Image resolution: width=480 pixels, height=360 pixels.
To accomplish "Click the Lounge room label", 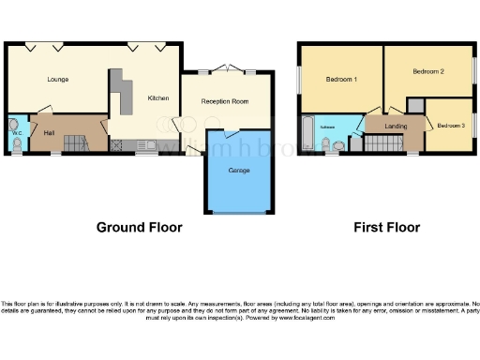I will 58,80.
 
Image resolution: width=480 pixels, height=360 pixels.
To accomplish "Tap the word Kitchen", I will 157,97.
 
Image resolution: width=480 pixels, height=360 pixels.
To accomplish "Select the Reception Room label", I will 226,100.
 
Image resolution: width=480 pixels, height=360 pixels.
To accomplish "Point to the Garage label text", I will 239,170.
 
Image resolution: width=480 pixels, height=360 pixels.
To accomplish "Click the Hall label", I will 50,133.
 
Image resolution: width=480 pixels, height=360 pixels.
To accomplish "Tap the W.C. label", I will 16,134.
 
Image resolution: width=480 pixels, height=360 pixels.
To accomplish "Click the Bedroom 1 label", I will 341,80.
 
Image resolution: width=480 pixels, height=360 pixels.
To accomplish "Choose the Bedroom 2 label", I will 428,71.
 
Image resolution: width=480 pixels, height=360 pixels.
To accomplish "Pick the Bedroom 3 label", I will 451,126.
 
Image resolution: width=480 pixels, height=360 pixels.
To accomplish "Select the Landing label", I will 396,126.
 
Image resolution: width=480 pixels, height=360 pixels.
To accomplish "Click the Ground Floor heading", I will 140,227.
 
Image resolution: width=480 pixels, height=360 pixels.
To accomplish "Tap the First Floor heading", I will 386,227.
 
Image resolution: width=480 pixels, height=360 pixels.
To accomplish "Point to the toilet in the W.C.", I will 14,125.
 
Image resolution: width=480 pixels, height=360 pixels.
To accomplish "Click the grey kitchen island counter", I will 119,94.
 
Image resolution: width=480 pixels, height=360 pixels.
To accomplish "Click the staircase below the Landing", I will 380,142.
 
